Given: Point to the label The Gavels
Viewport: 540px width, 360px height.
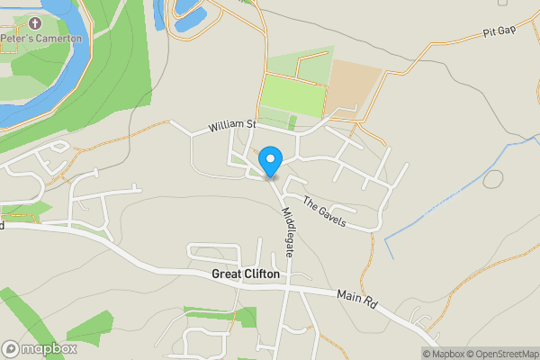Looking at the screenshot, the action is pos(324,211).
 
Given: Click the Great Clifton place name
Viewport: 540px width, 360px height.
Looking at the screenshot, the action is pos(246,274).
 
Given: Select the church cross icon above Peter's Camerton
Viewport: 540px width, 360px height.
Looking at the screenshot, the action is pos(35,23).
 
